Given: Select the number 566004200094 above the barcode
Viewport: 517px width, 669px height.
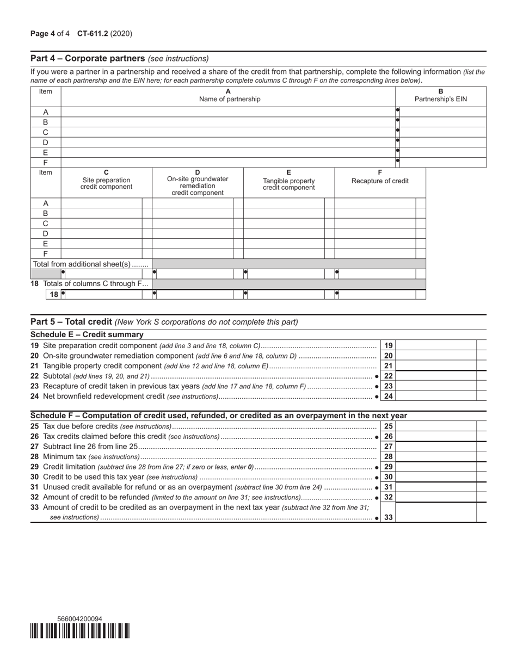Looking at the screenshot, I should click(79, 619).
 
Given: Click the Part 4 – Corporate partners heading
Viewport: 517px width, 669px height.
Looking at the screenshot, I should click(88, 58).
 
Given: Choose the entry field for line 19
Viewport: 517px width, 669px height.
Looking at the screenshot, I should click(438, 345).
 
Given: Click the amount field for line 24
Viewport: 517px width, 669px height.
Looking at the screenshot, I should click(438, 397).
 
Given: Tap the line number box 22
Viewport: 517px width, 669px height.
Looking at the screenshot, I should click(389, 376).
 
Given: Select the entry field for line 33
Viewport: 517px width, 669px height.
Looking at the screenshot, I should click(438, 512).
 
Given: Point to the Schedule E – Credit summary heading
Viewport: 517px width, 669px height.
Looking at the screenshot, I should click(87, 334).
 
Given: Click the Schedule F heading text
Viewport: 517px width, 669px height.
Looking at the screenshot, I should click(219, 416).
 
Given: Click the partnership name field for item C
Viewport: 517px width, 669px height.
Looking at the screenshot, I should click(228, 132).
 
